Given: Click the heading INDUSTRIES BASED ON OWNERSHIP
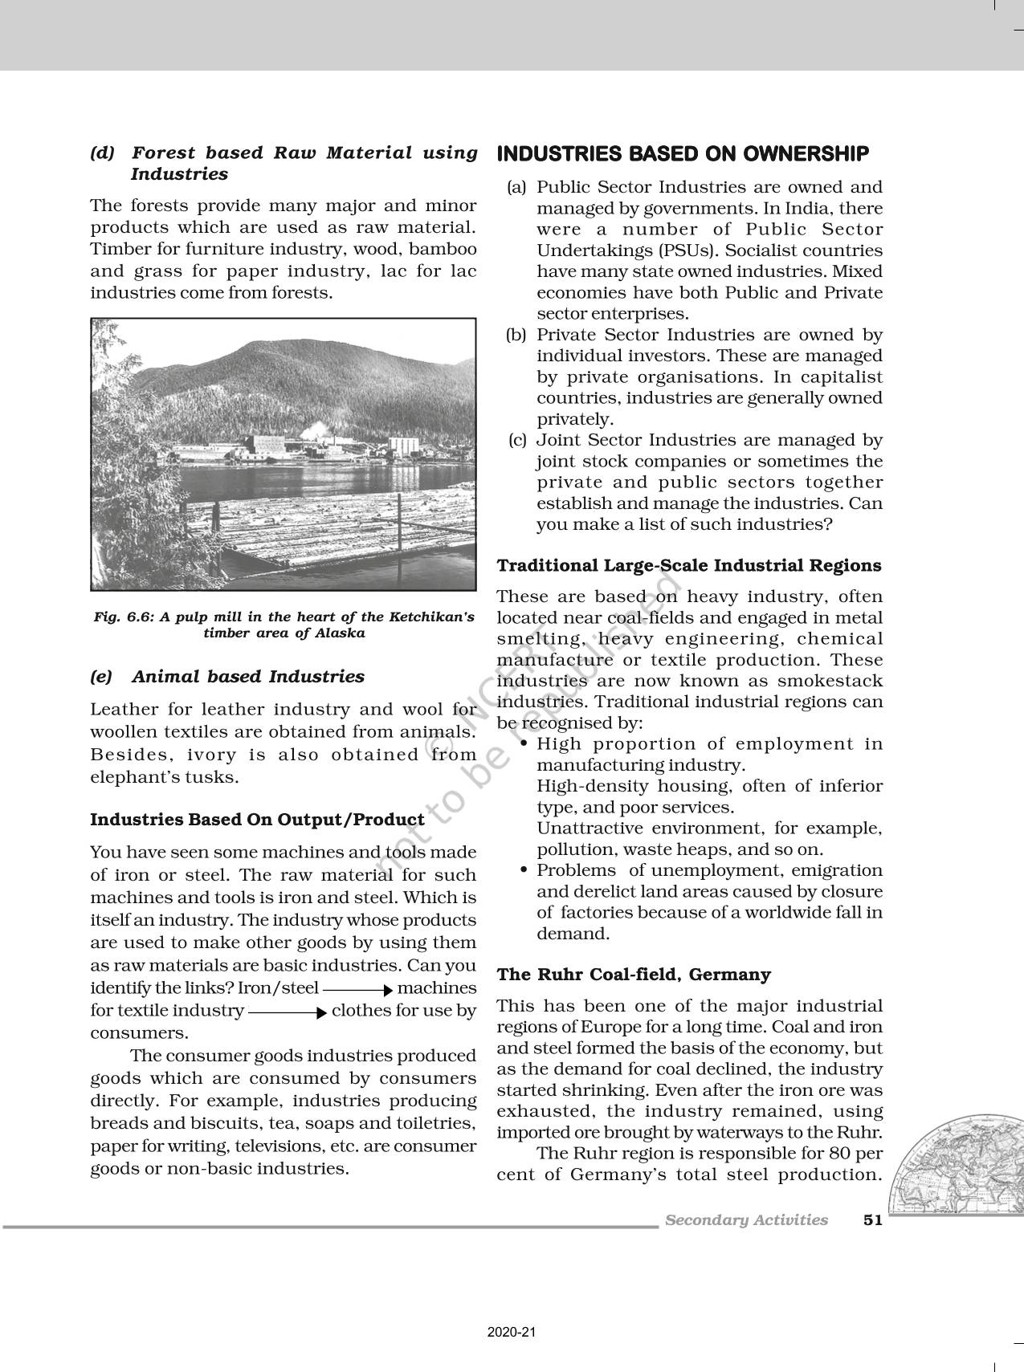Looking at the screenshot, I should pos(683,153).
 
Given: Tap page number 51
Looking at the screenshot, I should pos(872,1220).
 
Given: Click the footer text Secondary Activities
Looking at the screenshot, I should pos(746,1220).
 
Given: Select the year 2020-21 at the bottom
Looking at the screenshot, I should pos(512,1332).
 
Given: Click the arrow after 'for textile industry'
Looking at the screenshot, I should pos(288,1012).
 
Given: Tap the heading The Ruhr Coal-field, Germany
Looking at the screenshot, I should pos(634,975).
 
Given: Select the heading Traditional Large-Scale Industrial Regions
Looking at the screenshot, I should pos(689,565).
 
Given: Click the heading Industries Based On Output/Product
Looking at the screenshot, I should pos(257,820).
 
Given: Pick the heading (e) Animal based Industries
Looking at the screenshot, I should pos(227,677).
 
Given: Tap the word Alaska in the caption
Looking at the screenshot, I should pos(341,633).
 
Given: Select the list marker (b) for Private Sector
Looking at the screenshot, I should pos(515,335).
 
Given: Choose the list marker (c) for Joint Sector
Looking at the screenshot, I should pos(517,440).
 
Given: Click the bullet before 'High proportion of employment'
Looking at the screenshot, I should pos(524,744).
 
